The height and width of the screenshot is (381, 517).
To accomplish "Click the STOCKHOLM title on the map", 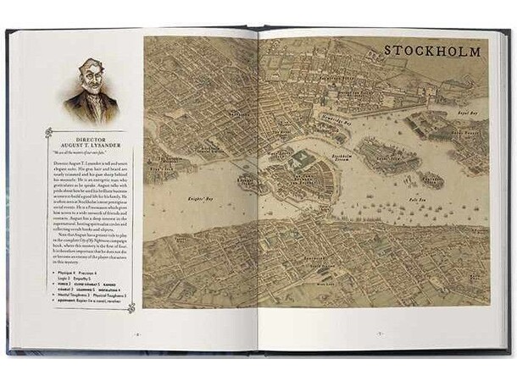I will point(432,52).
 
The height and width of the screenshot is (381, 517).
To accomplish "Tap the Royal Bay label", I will point(469,113).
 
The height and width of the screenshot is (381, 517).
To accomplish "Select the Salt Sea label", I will point(416,201).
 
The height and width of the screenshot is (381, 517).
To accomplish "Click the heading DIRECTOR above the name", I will point(89,135).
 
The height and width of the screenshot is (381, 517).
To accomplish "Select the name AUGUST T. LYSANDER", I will point(89,142).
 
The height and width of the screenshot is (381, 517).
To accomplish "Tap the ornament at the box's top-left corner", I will point(48,131).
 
